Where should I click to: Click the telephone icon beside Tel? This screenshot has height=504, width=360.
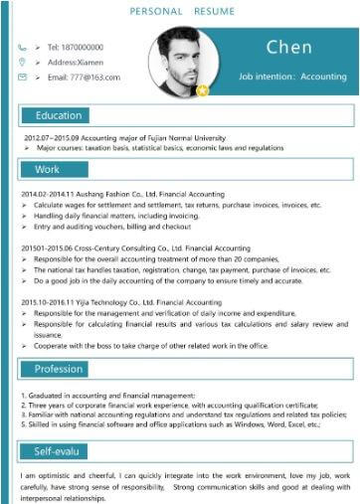pos(22,47)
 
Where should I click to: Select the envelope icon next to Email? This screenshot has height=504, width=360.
pos(22,77)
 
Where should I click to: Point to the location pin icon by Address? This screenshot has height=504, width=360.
pos(22,62)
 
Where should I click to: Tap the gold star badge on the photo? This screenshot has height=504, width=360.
pos(203,90)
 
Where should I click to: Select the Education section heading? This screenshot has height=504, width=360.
pos(59,115)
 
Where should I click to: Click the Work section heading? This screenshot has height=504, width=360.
pos(47,169)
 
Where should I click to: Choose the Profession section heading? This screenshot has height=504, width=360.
pos(59,370)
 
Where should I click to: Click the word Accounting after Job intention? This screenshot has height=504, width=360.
pos(323,77)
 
